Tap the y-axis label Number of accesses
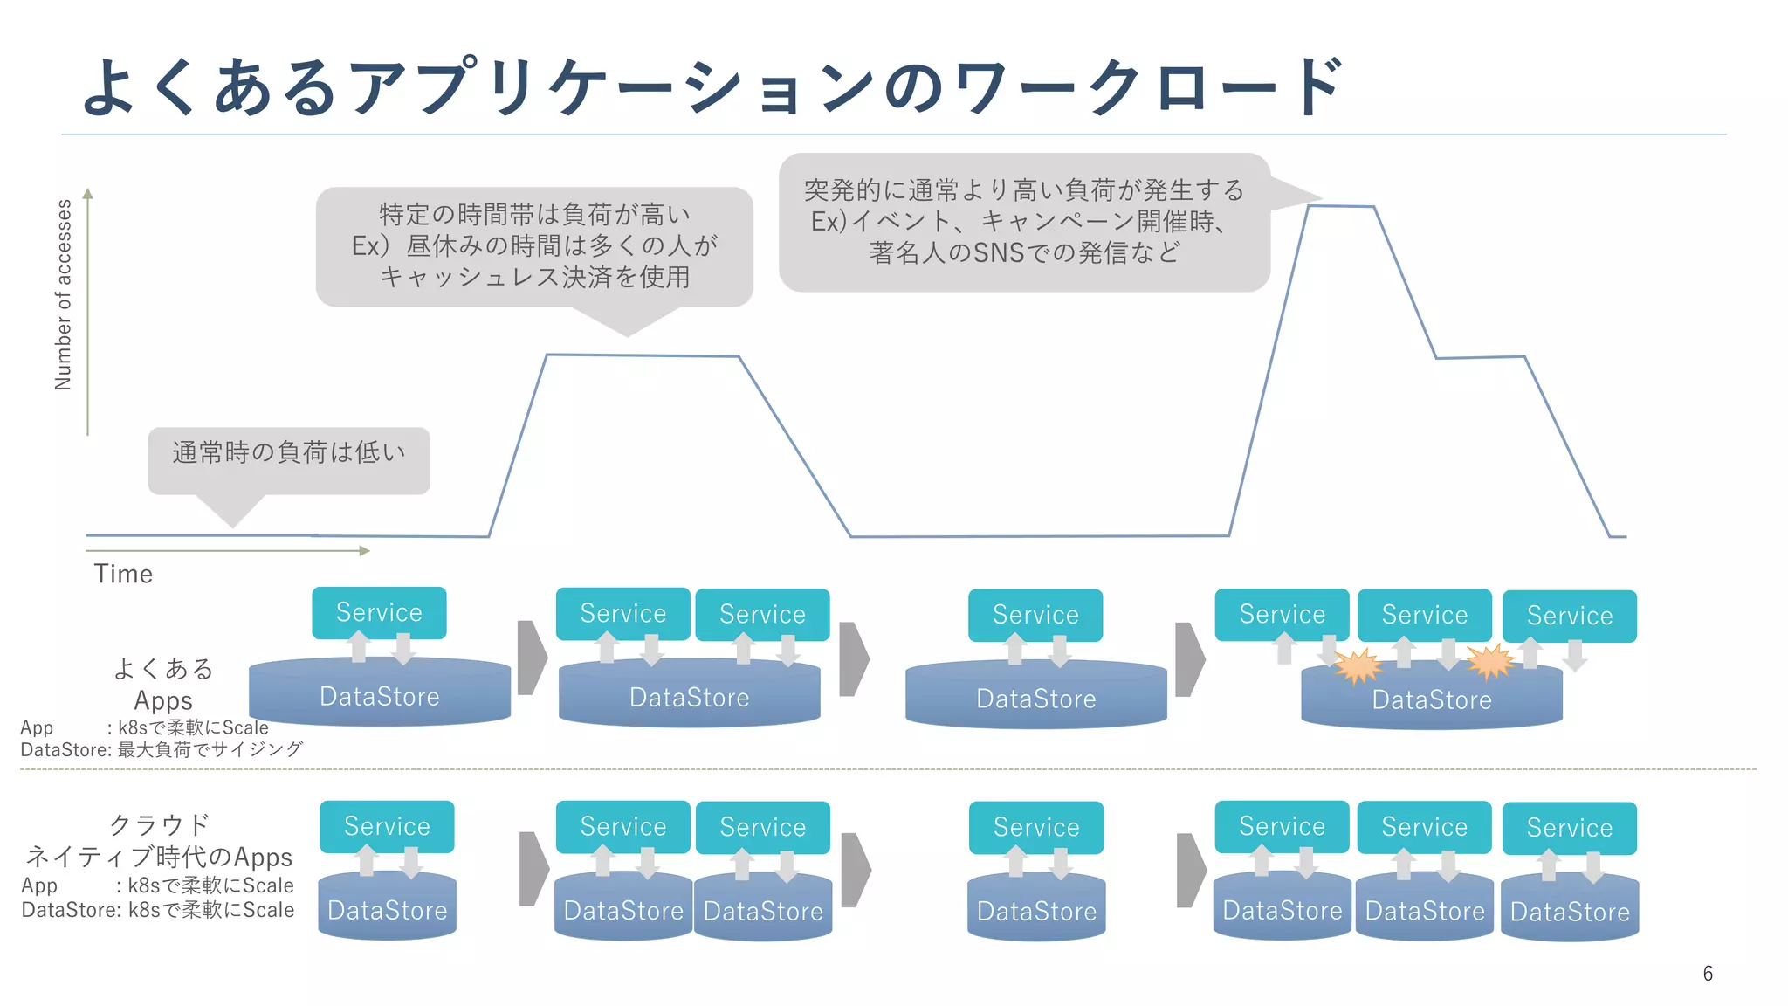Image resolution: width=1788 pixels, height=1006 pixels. click(63, 294)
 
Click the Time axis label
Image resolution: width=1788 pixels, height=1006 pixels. click(123, 574)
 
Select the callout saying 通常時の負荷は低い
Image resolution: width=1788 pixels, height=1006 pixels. click(288, 453)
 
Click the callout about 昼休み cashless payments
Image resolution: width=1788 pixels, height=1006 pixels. click(534, 246)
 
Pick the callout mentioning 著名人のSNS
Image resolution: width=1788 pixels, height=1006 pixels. click(1023, 222)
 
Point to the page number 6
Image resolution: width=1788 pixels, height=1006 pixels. click(1708, 973)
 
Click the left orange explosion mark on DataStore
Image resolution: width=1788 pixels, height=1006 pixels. click(1358, 667)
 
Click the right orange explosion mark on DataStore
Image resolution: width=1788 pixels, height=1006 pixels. click(1491, 662)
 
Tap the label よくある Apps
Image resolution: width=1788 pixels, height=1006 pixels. click(163, 684)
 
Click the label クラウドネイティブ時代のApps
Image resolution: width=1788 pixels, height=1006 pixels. click(159, 840)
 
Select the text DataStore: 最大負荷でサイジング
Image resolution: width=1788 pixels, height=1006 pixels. click(162, 749)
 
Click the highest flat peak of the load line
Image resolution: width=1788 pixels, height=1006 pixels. click(1341, 207)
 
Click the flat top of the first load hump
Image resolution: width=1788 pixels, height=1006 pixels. click(642, 355)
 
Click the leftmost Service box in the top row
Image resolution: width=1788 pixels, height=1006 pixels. click(379, 613)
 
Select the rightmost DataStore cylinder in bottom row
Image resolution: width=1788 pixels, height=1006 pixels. click(1570, 911)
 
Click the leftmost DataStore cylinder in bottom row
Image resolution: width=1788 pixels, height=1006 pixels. click(387, 909)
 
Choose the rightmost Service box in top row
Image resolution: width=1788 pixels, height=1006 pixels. click(1569, 617)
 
